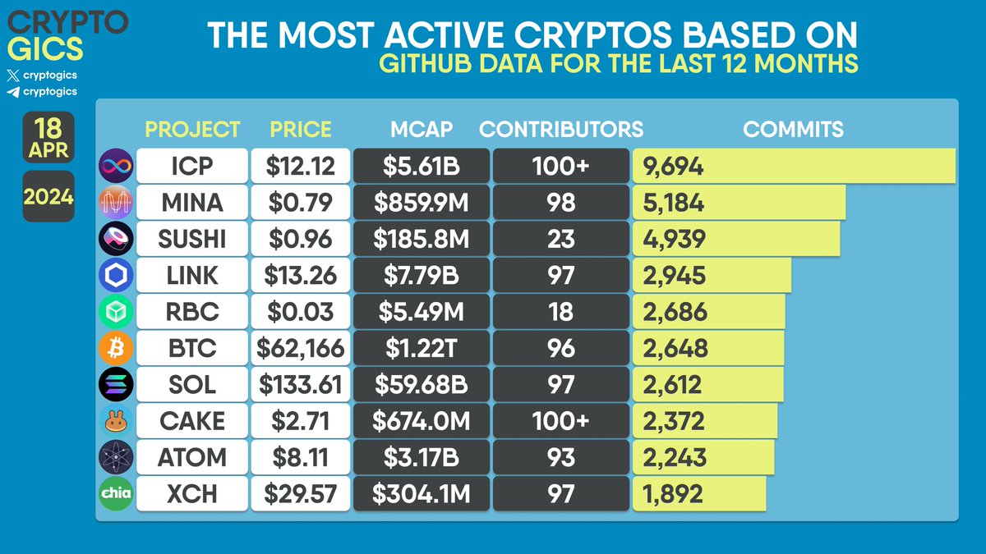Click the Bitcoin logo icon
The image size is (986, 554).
tap(115, 348)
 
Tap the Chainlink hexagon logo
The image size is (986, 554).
tap(115, 275)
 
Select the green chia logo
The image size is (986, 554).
tap(115, 492)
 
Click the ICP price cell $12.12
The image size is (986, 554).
tap(300, 167)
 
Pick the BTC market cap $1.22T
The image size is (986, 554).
tap(421, 348)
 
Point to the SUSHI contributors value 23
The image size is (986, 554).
tap(560, 239)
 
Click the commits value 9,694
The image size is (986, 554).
tap(675, 167)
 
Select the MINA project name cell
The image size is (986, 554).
tap(191, 203)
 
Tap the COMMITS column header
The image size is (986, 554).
tap(793, 130)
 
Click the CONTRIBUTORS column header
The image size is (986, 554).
tap(561, 130)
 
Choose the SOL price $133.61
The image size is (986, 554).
tap(300, 384)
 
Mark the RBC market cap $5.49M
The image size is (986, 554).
tap(421, 312)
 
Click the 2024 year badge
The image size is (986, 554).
tap(48, 198)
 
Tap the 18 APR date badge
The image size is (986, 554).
tap(48, 138)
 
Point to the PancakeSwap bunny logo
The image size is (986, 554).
tap(115, 420)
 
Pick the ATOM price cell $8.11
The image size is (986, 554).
tap(300, 456)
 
